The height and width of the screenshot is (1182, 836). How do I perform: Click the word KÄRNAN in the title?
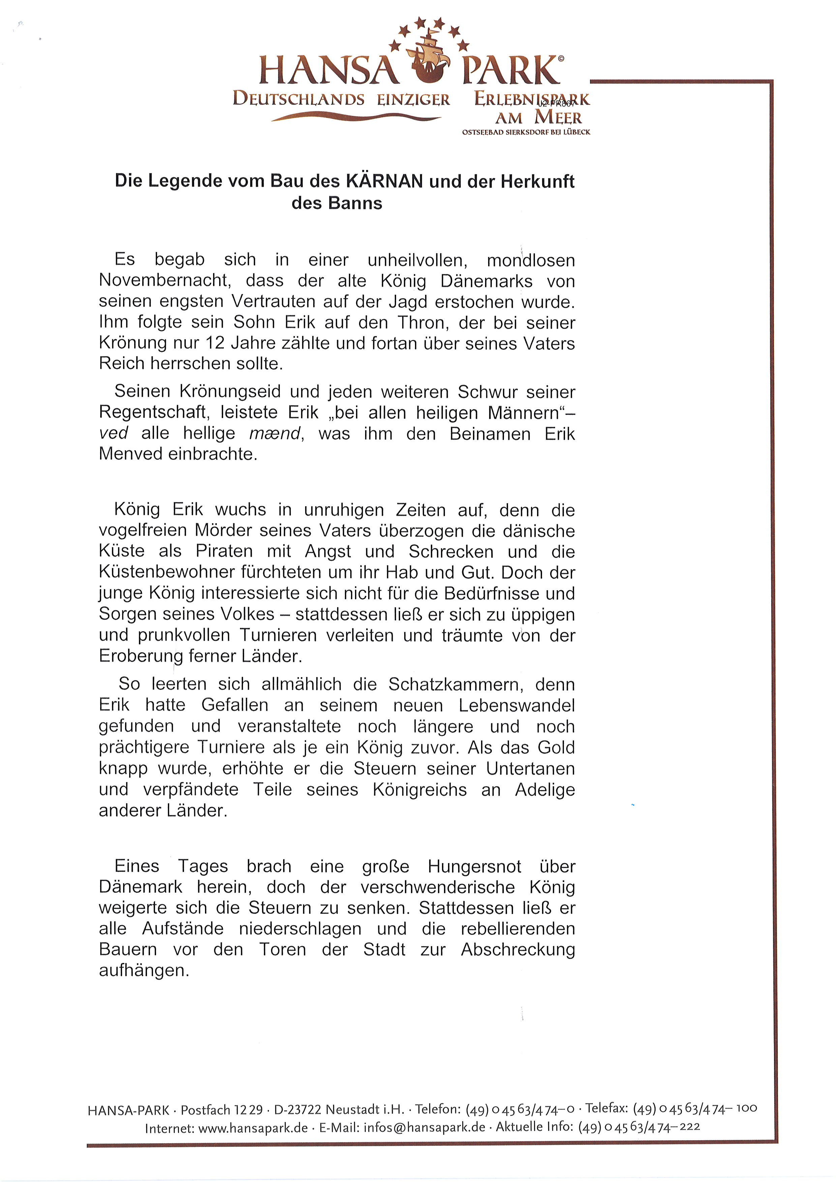pyautogui.click(x=385, y=181)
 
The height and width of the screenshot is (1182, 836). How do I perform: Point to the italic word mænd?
pyautogui.click(x=274, y=433)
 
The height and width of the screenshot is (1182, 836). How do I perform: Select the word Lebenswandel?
pyautogui.click(x=517, y=705)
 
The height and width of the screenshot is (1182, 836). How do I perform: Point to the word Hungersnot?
pyautogui.click(x=475, y=867)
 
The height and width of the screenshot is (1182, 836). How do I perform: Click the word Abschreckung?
pyautogui.click(x=518, y=949)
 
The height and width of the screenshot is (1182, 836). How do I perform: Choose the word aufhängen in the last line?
pyautogui.click(x=144, y=970)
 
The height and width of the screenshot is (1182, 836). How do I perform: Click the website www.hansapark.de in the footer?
pyautogui.click(x=253, y=1127)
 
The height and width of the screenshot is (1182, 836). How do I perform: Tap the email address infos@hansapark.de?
pyautogui.click(x=424, y=1127)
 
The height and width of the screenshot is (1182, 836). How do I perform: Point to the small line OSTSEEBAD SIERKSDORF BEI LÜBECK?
pyautogui.click(x=526, y=132)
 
